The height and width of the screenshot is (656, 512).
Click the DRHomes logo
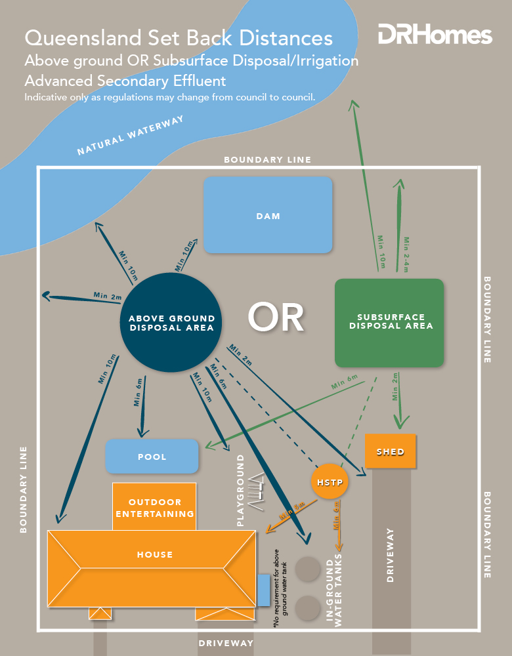click(x=435, y=34)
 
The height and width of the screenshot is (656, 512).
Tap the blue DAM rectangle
click(x=268, y=215)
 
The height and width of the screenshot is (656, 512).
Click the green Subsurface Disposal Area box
click(x=389, y=322)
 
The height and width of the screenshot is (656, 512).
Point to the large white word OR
click(x=276, y=318)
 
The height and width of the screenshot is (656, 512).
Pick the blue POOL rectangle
click(x=152, y=457)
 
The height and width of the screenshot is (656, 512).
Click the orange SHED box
click(x=390, y=451)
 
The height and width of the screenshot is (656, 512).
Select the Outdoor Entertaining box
click(x=155, y=507)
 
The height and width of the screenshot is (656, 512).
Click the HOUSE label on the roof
click(x=155, y=554)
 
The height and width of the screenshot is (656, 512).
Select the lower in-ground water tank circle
click(x=307, y=607)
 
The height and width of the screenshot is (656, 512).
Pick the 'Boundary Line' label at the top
click(x=267, y=159)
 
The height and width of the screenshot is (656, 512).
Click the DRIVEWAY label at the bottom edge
click(x=226, y=644)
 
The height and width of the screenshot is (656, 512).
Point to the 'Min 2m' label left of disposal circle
click(x=108, y=296)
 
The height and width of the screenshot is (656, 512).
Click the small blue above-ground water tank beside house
click(x=263, y=590)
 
